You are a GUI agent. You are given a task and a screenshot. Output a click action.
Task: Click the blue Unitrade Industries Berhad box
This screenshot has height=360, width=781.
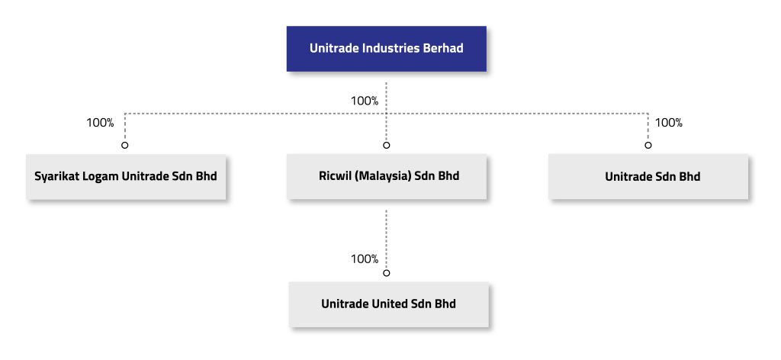click(386, 49)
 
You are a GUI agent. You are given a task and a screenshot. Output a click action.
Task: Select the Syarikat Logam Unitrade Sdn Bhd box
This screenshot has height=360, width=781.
click(126, 177)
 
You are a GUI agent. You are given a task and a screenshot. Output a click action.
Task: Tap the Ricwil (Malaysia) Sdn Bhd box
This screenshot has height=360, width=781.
click(386, 177)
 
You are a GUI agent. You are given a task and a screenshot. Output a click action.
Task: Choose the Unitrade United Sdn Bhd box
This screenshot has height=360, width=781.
click(387, 304)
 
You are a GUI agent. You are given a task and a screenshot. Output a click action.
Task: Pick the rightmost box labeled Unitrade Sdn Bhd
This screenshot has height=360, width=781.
click(648, 177)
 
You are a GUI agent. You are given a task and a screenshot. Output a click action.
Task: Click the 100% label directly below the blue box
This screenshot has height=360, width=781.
click(365, 101)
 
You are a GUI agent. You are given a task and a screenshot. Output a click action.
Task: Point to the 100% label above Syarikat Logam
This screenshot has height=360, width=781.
click(100, 123)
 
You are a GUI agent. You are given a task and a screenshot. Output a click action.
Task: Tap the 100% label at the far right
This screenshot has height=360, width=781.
click(669, 123)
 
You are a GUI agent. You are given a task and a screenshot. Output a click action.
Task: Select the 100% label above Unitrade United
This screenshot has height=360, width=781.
click(365, 259)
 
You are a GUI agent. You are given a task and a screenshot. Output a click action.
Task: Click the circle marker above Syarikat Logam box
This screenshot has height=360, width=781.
click(125, 145)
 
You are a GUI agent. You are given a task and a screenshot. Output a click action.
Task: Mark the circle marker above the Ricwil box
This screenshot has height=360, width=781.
click(387, 145)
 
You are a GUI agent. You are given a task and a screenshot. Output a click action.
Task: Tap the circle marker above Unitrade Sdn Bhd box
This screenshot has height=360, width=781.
click(648, 145)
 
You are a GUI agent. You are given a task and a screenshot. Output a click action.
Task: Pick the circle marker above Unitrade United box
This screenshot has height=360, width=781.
click(387, 272)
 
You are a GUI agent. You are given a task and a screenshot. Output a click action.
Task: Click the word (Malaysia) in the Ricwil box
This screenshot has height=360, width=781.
click(386, 177)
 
